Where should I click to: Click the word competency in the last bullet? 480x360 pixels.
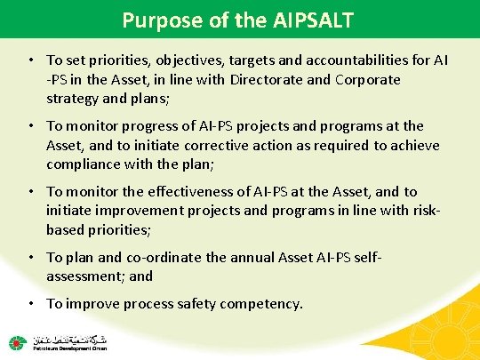point(262,304)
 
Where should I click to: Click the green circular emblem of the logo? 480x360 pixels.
point(17,342)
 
